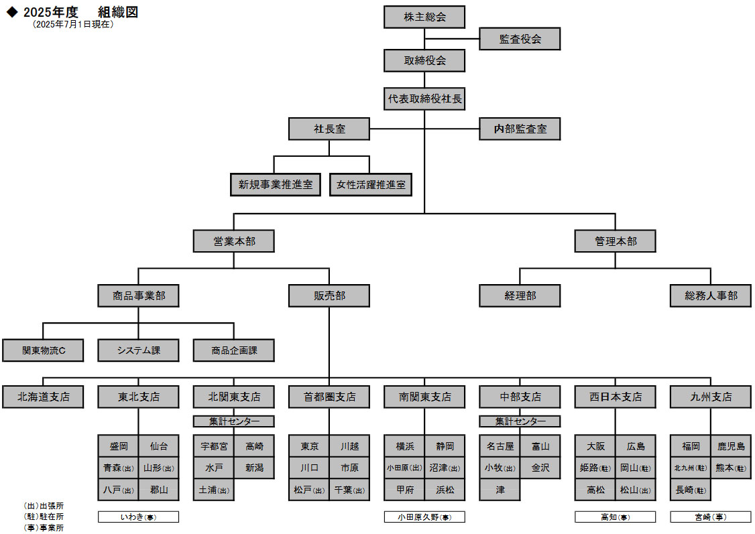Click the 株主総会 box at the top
[424, 17]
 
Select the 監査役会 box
[520, 39]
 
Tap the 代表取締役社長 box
[424, 99]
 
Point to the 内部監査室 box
[520, 129]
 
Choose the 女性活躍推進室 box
[371, 184]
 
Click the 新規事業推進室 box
[276, 184]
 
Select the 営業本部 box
[234, 241]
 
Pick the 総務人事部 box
[711, 295]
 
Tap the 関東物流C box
[43, 350]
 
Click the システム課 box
[138, 350]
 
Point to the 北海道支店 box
[43, 397]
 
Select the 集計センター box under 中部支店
[520, 421]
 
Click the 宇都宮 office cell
[214, 446]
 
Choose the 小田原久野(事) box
[424, 517]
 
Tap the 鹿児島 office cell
[731, 446]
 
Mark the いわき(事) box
[139, 517]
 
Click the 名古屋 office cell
[500, 446]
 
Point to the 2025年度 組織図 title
[80, 12]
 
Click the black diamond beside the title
[11, 12]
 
